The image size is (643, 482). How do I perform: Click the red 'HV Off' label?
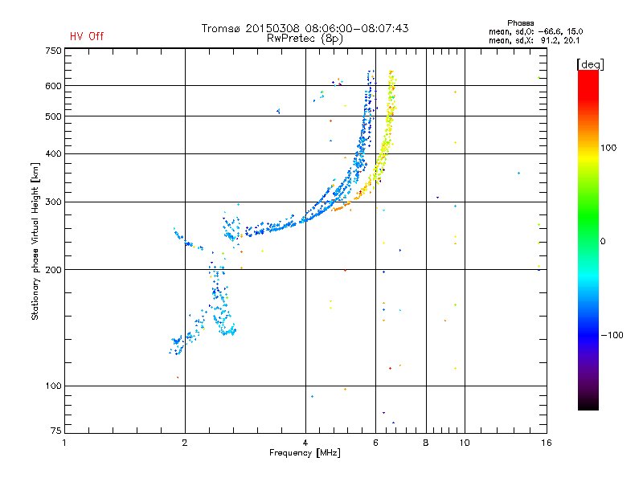coord(87,36)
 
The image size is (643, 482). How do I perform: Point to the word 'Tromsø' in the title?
coord(221,28)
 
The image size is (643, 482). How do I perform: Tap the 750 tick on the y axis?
coord(54,50)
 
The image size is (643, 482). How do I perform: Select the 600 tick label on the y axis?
coord(54,86)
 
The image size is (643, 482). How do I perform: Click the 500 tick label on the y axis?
coord(54,116)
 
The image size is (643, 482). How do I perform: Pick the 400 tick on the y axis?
coord(54,153)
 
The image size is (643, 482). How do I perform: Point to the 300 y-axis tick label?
coord(54,202)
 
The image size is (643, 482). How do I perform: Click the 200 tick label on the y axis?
coord(54,270)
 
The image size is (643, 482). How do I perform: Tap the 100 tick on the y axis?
coord(54,386)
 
